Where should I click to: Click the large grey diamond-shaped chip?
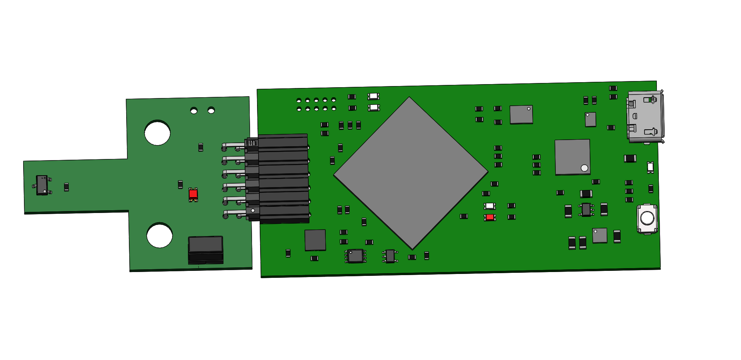click(x=411, y=173)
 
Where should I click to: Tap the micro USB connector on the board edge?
click(x=645, y=117)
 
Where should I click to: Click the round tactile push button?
click(x=647, y=218)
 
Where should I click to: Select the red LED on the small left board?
click(x=193, y=194)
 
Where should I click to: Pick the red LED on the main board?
click(x=490, y=218)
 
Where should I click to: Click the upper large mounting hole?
click(x=157, y=133)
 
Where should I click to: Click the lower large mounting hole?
click(x=159, y=235)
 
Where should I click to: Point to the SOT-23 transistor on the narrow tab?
click(x=42, y=185)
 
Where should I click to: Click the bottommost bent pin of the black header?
click(x=234, y=213)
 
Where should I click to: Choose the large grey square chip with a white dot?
click(x=572, y=157)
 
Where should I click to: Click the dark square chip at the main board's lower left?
click(x=315, y=240)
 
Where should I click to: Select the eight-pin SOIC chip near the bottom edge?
click(x=355, y=256)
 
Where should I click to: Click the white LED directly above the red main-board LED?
click(x=489, y=206)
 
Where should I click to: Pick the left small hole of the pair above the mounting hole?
click(x=194, y=111)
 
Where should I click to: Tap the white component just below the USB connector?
click(x=650, y=167)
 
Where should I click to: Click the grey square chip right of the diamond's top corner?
click(x=521, y=115)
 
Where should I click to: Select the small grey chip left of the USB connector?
click(x=590, y=120)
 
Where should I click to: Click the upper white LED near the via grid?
click(x=373, y=96)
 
